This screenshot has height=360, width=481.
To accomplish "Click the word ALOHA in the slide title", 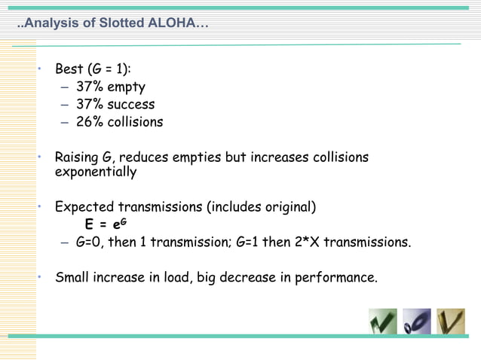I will (173, 23).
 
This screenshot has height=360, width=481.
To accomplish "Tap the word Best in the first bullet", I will (69, 69).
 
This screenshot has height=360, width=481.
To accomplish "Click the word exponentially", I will (96, 172).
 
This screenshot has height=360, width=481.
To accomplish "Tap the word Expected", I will (84, 207).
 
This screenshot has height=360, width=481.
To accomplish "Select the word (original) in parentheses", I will (288, 207).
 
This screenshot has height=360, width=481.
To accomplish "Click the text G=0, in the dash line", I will (93, 243).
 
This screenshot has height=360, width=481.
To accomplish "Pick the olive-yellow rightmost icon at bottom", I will (451, 322).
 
